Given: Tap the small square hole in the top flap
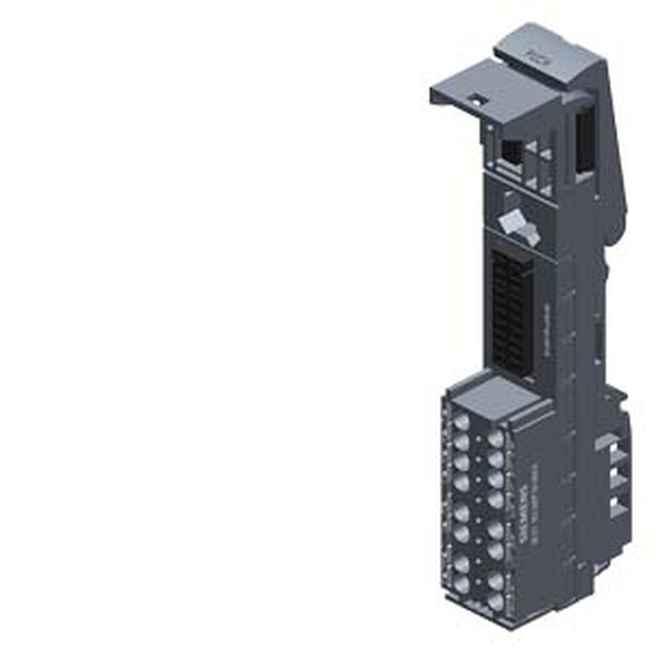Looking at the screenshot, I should (477, 99).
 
